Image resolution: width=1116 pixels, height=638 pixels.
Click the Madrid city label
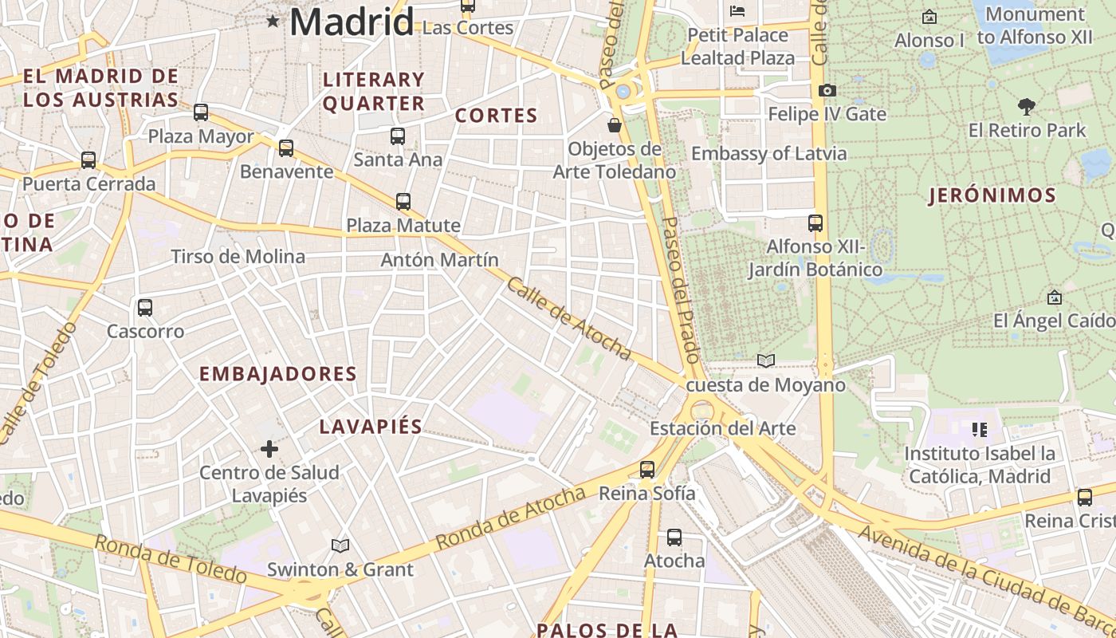pos(352,22)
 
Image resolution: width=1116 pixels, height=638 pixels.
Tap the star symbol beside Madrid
pos(273,21)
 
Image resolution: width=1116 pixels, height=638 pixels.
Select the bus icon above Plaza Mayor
pos(201,112)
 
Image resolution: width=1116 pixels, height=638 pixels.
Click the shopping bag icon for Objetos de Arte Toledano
pos(615,125)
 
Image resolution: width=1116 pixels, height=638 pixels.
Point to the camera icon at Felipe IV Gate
pos(827,91)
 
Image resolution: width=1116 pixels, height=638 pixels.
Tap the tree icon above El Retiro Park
pos(1027,106)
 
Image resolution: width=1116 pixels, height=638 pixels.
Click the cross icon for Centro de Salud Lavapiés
pos(269,449)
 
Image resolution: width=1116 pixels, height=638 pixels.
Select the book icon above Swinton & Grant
pos(340,545)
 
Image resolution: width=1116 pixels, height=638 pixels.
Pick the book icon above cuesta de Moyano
pos(766,361)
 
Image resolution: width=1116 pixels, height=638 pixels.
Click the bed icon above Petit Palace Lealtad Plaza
pos(737,11)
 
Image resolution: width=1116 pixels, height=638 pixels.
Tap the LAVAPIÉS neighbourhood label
pos(371,427)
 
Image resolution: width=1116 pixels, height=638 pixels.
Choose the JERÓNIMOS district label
pos(992,195)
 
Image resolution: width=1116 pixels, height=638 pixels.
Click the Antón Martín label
pos(439,260)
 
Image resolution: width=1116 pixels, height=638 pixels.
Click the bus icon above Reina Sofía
pos(647,470)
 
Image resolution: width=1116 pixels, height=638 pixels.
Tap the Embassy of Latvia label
pos(768,153)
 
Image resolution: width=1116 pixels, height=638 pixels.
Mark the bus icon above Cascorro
pos(145,308)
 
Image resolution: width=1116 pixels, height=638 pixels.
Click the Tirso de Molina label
pos(238,256)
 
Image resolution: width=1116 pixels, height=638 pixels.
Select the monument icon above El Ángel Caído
pos(1055,297)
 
